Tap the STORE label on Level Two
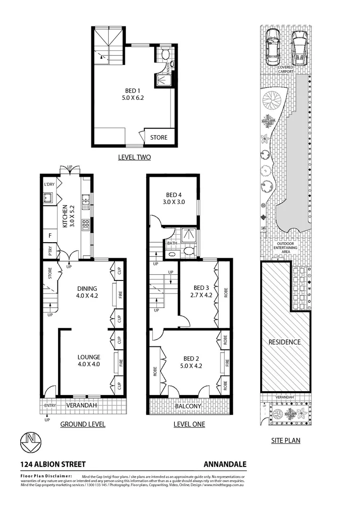(x=159, y=138)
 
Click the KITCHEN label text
(x=65, y=217)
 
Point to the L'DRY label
(x=49, y=185)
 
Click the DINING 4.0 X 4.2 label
(x=87, y=293)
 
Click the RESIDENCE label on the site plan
(x=284, y=342)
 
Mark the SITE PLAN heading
(x=285, y=441)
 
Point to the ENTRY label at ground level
(x=50, y=406)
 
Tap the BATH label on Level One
(x=172, y=243)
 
